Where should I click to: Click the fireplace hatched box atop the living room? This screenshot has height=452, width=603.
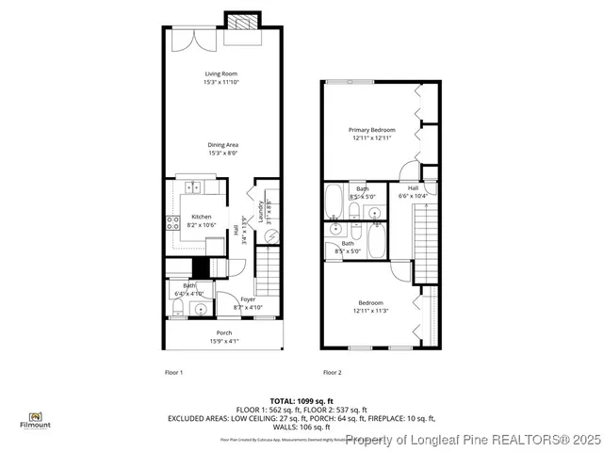click(240, 22)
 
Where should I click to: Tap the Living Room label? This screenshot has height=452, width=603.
click(221, 77)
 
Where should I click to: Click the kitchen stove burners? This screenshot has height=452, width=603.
click(173, 223)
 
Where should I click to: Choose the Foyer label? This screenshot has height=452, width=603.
click(247, 303)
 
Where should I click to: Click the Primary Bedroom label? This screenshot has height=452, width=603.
click(371, 134)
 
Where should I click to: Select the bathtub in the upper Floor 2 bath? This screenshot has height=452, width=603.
click(334, 201)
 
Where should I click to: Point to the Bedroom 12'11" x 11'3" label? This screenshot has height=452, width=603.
click(370, 306)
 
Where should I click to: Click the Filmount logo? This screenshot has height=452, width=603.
click(35, 420)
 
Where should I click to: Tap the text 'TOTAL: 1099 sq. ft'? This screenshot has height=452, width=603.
click(301, 400)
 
